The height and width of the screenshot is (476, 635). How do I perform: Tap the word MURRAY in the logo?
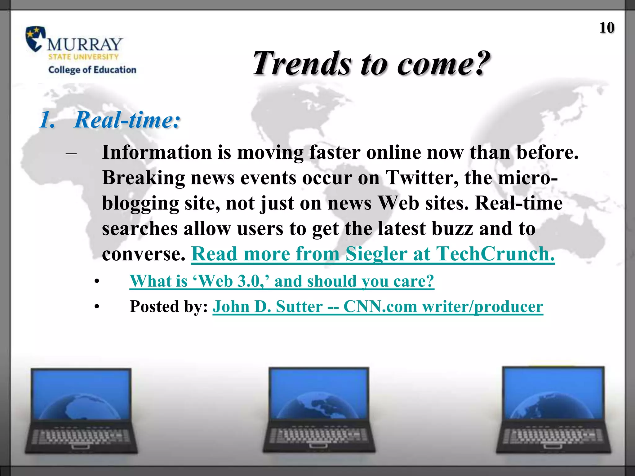tap(85, 44)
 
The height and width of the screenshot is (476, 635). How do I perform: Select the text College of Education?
tap(92, 70)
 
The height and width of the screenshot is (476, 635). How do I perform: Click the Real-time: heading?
tap(127, 120)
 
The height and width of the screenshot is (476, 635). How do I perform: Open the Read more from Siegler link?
tap(372, 254)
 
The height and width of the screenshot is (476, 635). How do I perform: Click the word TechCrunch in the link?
tap(495, 254)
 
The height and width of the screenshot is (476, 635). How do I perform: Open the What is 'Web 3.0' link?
tap(282, 281)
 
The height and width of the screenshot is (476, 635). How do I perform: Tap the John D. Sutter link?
tap(378, 306)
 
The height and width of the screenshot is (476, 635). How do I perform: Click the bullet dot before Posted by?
tap(97, 307)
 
